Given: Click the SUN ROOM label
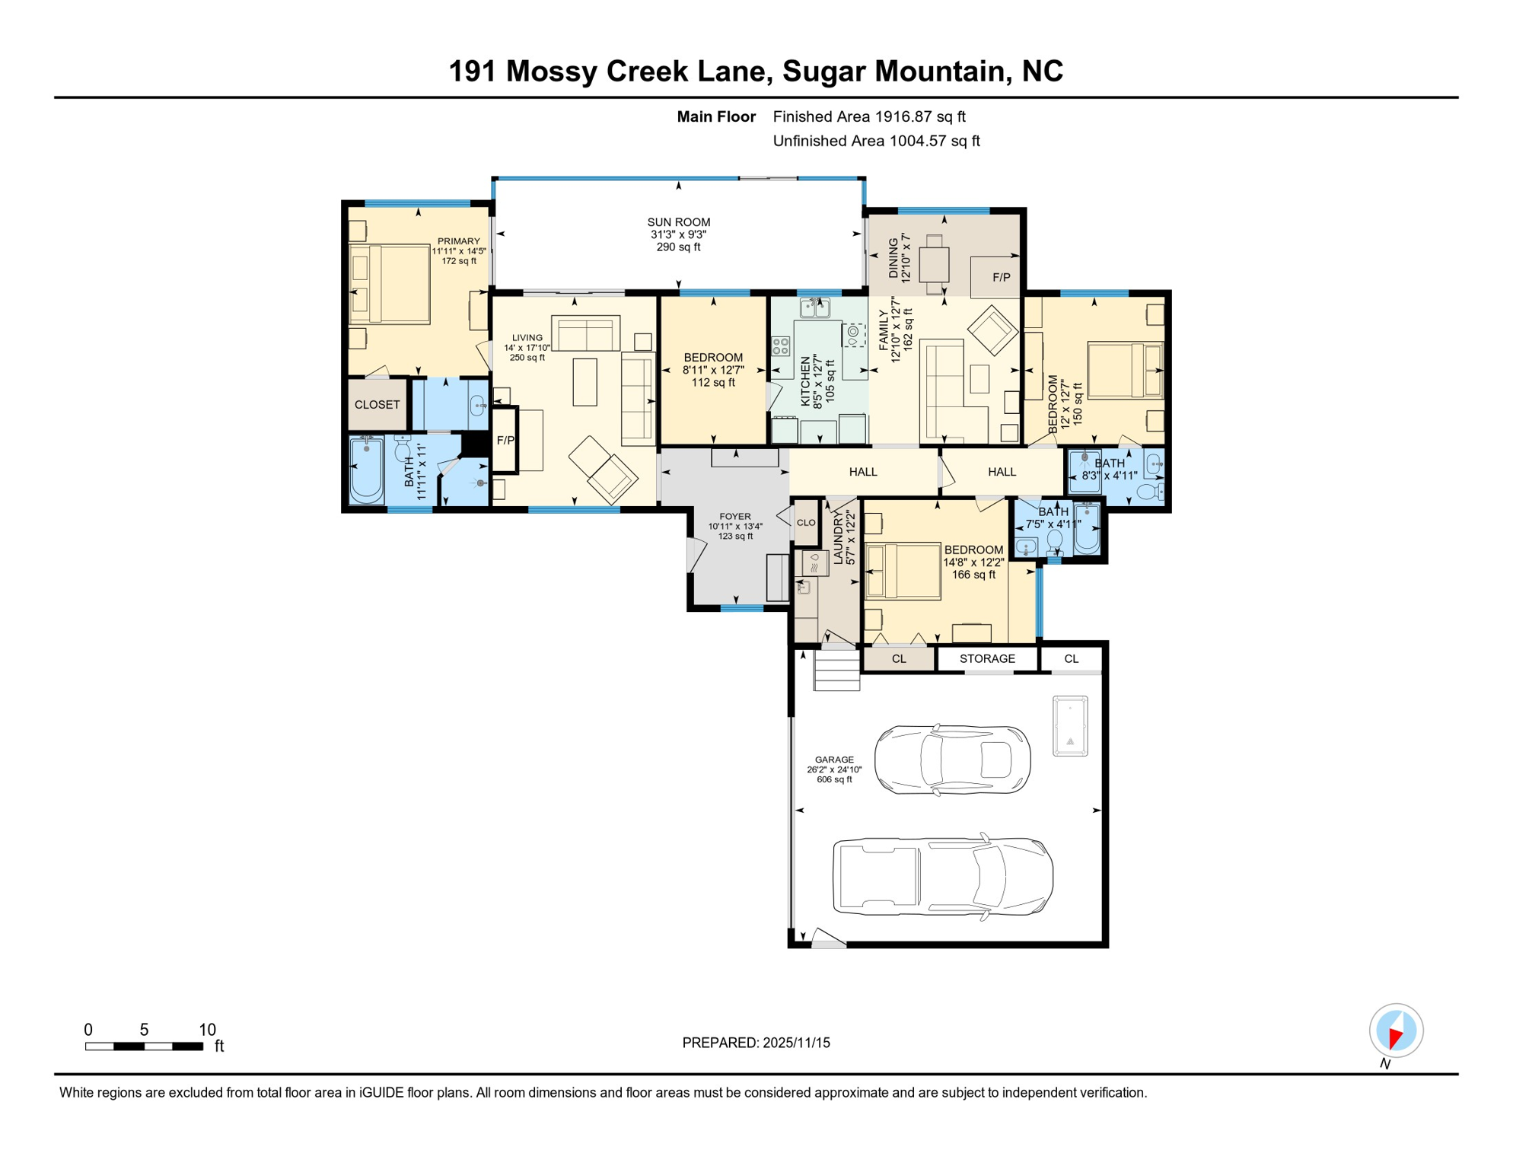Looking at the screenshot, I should (678, 222).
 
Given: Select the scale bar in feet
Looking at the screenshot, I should (144, 1046).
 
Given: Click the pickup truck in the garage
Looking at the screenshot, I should (942, 877).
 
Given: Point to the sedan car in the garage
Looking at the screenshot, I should (952, 760).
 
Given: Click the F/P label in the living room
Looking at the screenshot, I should (505, 441).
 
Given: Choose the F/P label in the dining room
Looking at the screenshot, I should (1001, 278).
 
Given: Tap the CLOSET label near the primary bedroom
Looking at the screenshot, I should (377, 405).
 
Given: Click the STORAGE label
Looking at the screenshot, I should (987, 658).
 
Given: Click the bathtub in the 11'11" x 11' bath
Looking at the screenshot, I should (366, 470).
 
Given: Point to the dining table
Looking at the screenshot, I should (934, 265).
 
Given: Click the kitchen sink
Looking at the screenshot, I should (814, 307).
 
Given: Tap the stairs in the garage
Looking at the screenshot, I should (836, 671).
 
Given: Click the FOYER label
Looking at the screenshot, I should (734, 517).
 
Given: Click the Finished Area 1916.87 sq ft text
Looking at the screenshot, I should (868, 116).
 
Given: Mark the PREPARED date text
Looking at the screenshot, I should (756, 1043).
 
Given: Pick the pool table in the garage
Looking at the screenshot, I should (1069, 725).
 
